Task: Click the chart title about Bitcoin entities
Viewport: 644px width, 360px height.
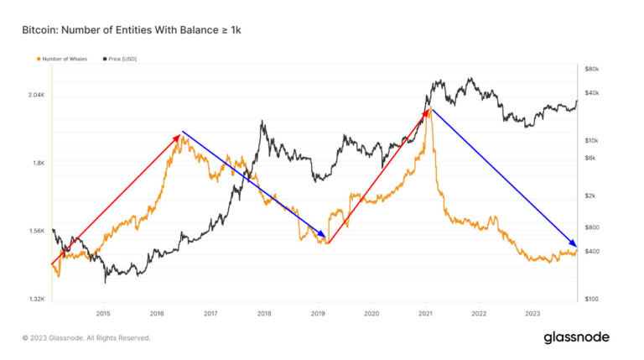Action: click(x=132, y=30)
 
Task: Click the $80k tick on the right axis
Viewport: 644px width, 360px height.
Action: click(x=592, y=68)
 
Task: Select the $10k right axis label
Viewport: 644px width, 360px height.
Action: click(x=592, y=140)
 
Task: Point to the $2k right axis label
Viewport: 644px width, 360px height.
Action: click(x=591, y=196)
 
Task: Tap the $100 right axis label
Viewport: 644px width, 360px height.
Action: click(x=592, y=299)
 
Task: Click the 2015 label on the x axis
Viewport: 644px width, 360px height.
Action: click(x=103, y=314)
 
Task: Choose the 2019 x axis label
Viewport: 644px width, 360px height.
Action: click(x=318, y=314)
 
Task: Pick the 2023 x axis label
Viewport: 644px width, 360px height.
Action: click(x=532, y=314)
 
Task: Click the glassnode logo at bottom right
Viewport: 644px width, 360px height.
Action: click(x=576, y=337)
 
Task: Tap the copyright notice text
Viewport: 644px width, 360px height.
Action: click(x=86, y=338)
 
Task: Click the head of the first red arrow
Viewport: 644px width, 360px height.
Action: click(x=179, y=135)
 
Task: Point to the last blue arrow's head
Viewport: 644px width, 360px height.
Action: click(x=574, y=243)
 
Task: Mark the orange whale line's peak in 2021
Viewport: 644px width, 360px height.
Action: click(x=429, y=108)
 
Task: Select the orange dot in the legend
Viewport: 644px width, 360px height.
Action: click(x=38, y=59)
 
